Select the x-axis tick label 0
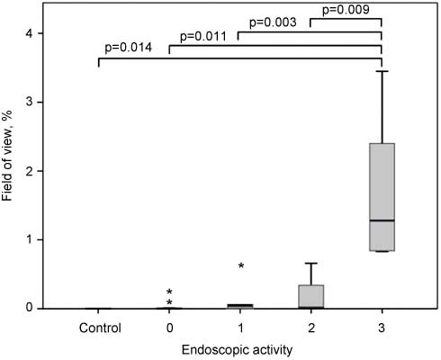(x=169, y=329)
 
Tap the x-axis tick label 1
(x=239, y=329)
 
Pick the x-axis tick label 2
(x=310, y=329)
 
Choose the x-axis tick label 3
(x=382, y=329)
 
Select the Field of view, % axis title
(x=10, y=171)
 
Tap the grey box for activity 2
(x=310, y=296)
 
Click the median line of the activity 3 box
(x=382, y=220)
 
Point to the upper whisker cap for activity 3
(x=382, y=71)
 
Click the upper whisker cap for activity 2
(x=310, y=263)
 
